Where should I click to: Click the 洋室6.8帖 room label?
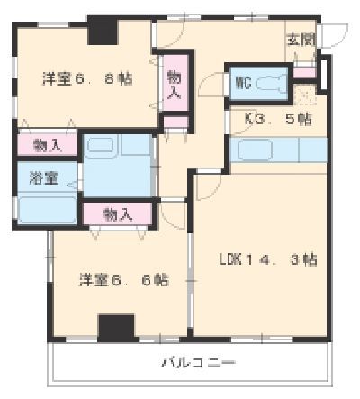pyautogui.click(x=87, y=79)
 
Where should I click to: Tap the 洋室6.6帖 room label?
pyautogui.click(x=123, y=280)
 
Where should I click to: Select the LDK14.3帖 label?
pyautogui.click(x=268, y=259)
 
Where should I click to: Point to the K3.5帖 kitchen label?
pyautogui.click(x=278, y=119)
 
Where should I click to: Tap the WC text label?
pyautogui.click(x=244, y=83)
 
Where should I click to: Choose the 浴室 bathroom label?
pyautogui.click(x=44, y=177)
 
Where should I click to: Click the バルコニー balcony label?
pyautogui.click(x=199, y=363)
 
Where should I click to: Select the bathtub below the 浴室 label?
pyautogui.click(x=48, y=209)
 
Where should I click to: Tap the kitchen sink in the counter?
pyautogui.click(x=255, y=150)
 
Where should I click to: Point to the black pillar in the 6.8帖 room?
pyautogui.click(x=103, y=31)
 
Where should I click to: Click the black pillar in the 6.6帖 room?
pyautogui.click(x=116, y=328)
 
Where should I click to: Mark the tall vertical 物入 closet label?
pyautogui.click(x=174, y=85)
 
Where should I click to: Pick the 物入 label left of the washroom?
pyautogui.click(x=48, y=146)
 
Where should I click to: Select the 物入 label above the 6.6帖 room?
pyautogui.click(x=118, y=214)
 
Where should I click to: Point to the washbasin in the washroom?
pyautogui.click(x=100, y=146)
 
